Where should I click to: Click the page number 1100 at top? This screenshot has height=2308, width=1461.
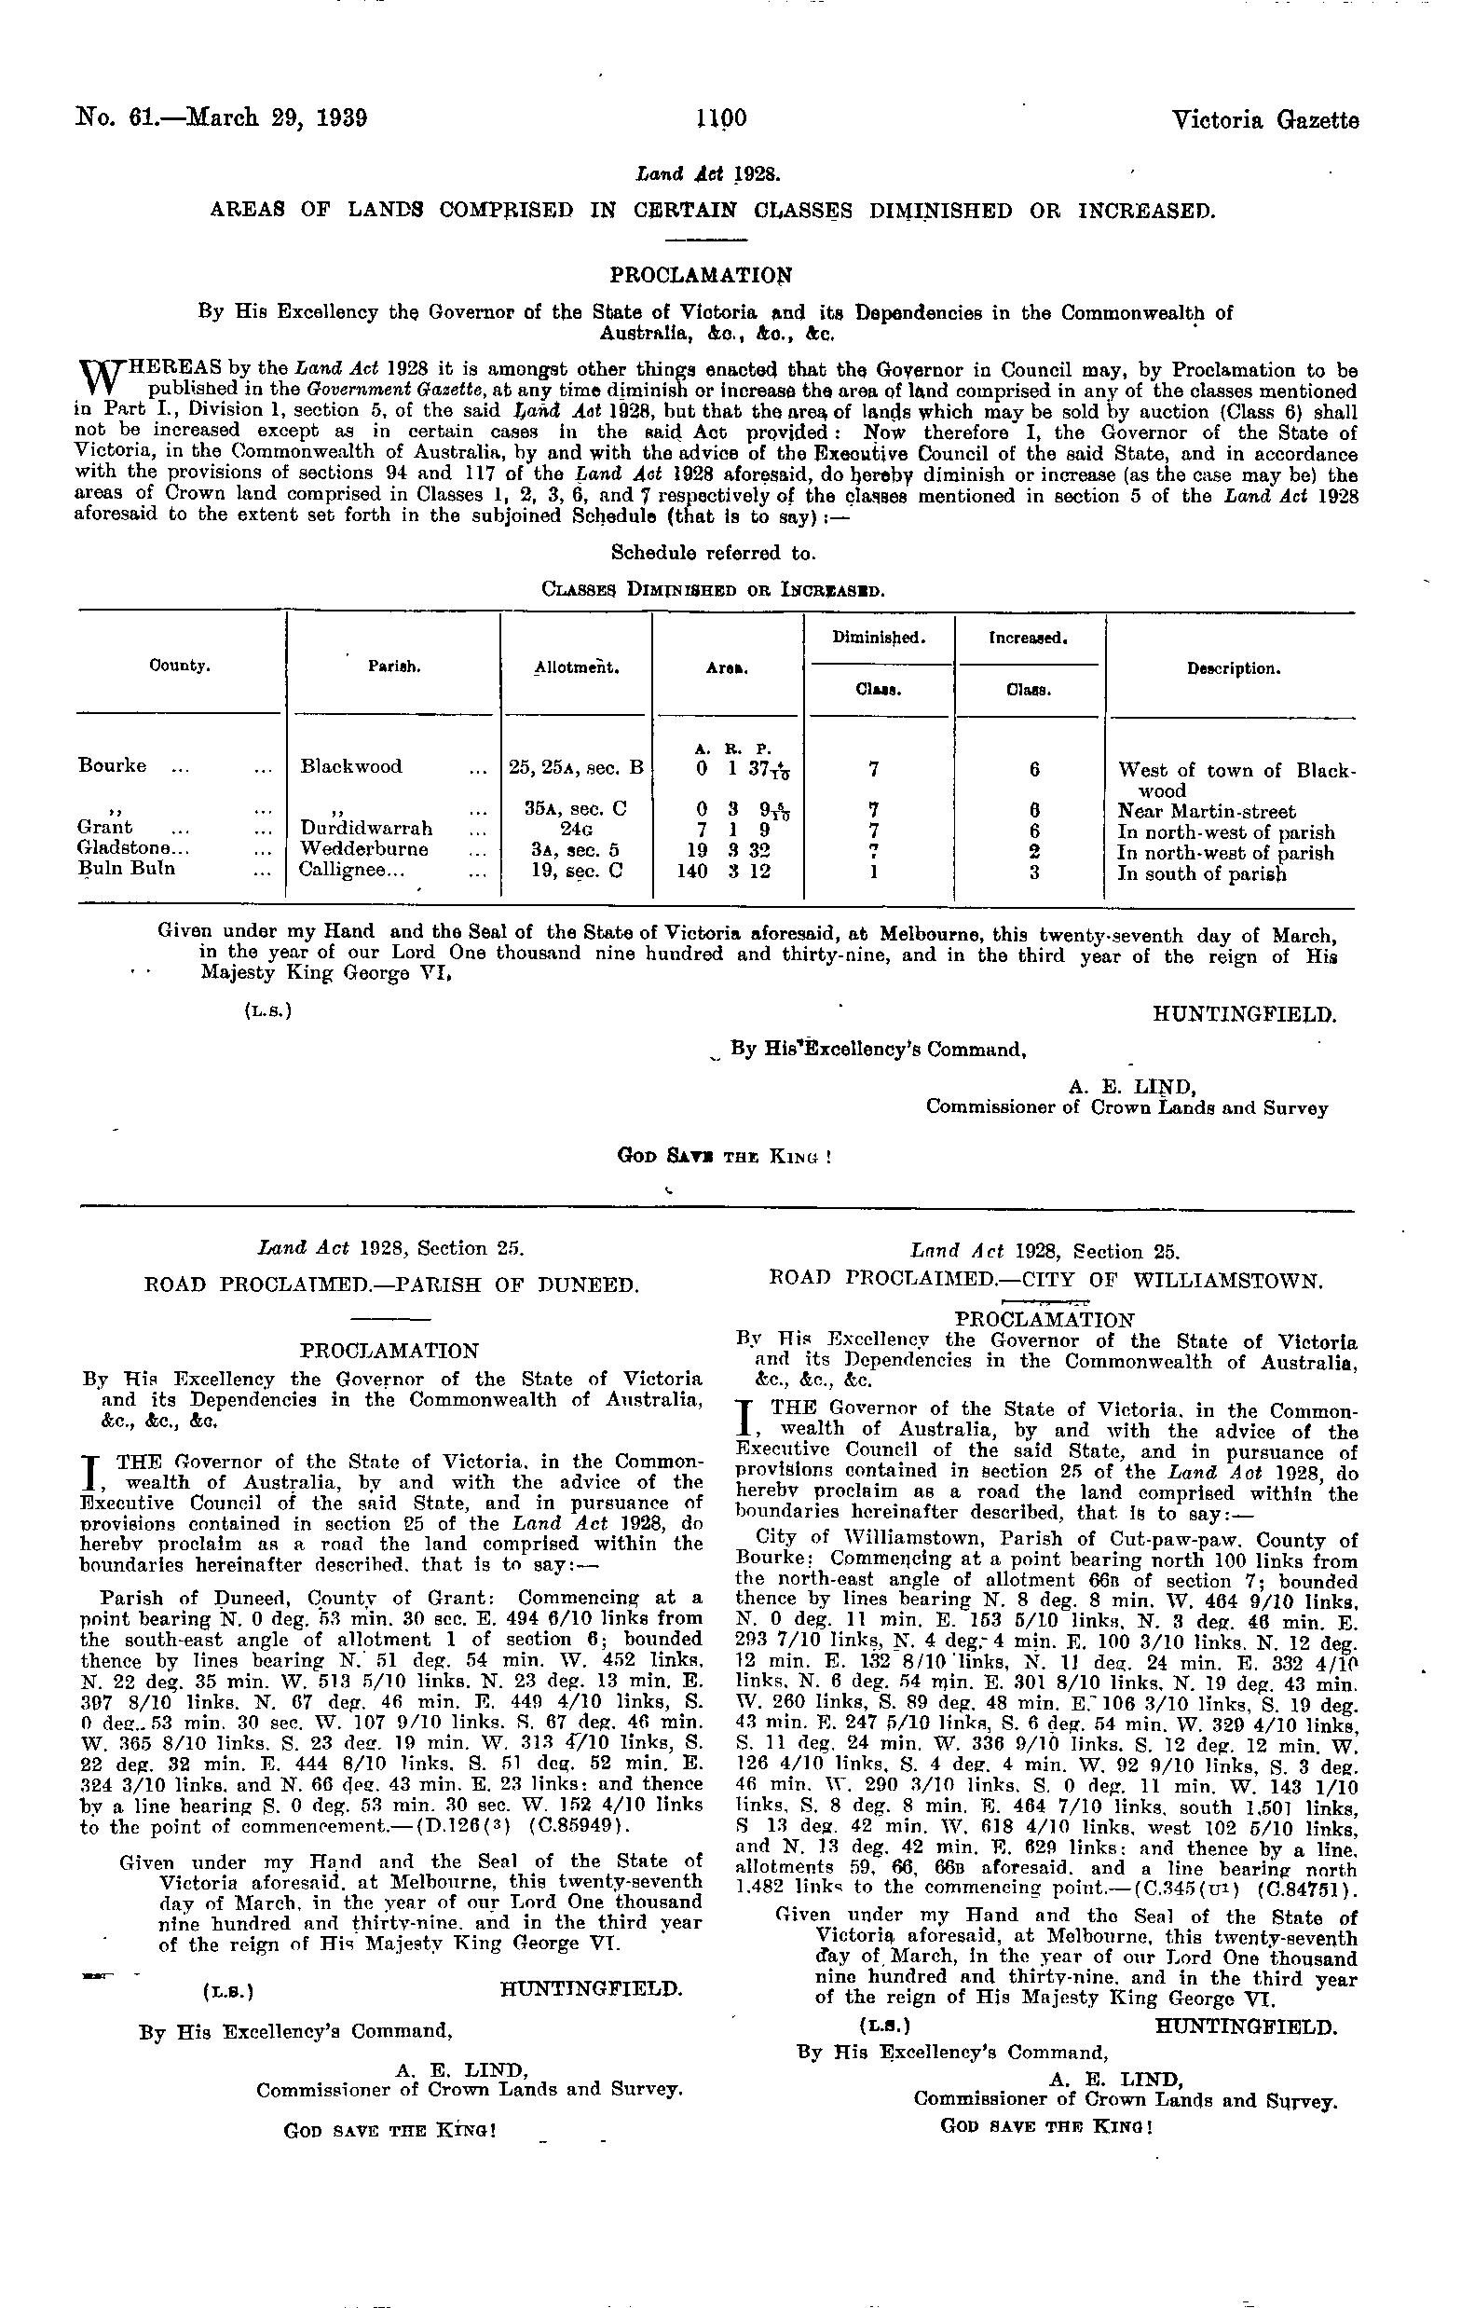tap(722, 119)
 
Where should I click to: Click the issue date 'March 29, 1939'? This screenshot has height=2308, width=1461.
tap(278, 119)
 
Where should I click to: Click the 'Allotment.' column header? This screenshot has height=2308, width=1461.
tap(577, 668)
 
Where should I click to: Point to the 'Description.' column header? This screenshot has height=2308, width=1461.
tap(1234, 668)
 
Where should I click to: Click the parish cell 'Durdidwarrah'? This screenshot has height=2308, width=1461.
tap(366, 828)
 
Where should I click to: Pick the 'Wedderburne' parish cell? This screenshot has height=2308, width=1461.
tap(364, 849)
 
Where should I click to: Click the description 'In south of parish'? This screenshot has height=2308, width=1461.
tap(1202, 873)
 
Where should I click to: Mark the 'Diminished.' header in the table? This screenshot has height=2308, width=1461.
tap(877, 637)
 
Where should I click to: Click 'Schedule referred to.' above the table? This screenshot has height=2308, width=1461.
tap(714, 553)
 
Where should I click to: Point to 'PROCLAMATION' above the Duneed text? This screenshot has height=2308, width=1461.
tap(389, 1351)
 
